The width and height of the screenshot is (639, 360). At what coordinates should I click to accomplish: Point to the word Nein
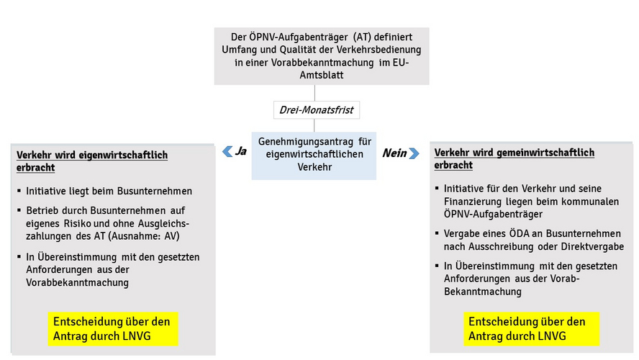(x=394, y=153)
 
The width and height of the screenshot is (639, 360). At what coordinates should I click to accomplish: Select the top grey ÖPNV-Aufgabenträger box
(x=321, y=56)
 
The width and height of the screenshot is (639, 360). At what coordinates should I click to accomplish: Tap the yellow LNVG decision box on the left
(x=113, y=328)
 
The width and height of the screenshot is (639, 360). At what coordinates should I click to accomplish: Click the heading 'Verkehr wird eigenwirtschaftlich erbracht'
(x=92, y=161)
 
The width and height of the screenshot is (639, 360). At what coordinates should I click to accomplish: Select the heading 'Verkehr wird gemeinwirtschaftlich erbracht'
(x=514, y=158)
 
